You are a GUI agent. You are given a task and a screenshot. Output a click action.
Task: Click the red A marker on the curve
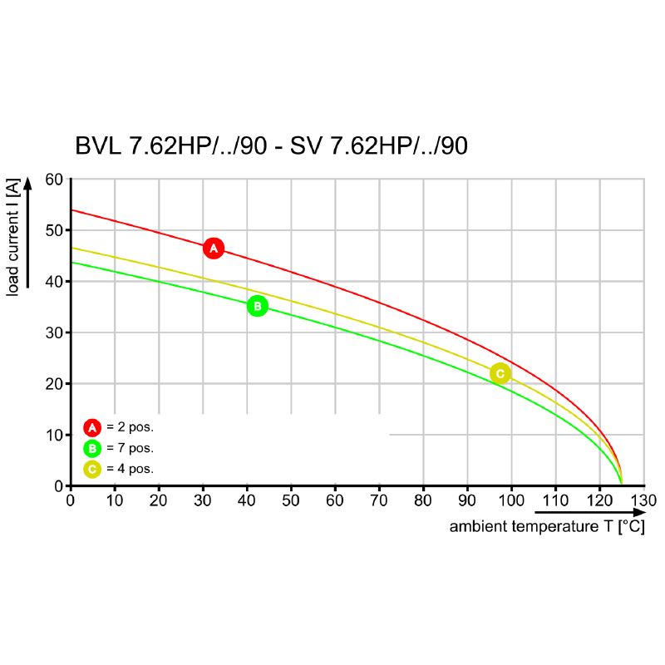pos(214,248)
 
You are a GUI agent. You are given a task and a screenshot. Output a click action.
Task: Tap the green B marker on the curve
pos(258,306)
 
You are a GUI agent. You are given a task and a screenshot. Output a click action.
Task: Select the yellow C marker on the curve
pos(500,374)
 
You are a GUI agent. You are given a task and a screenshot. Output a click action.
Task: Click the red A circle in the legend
pos(92,427)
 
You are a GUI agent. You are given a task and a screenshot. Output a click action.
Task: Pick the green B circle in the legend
pos(92,448)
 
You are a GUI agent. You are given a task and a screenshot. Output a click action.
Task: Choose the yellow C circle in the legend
pos(92,469)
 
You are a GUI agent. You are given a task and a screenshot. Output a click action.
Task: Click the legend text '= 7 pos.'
pos(131,448)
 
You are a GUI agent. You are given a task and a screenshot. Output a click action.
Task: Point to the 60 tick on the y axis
pos(54,179)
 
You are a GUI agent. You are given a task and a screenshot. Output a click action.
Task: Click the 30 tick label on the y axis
pos(54,332)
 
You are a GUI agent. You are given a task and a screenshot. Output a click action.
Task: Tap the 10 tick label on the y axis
pos(54,435)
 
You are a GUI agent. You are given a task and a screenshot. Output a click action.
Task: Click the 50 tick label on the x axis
pos(291,500)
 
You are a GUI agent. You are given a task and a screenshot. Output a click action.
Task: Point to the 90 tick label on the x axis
pos(467,500)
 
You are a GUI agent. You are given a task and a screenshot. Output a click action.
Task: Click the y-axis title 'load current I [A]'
pos(14,237)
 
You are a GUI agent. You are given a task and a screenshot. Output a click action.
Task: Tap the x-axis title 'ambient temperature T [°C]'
pos(546,527)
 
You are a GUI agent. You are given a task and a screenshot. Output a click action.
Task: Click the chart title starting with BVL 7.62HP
pos(271,146)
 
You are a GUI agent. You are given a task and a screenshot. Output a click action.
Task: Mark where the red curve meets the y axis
pos(71,210)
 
